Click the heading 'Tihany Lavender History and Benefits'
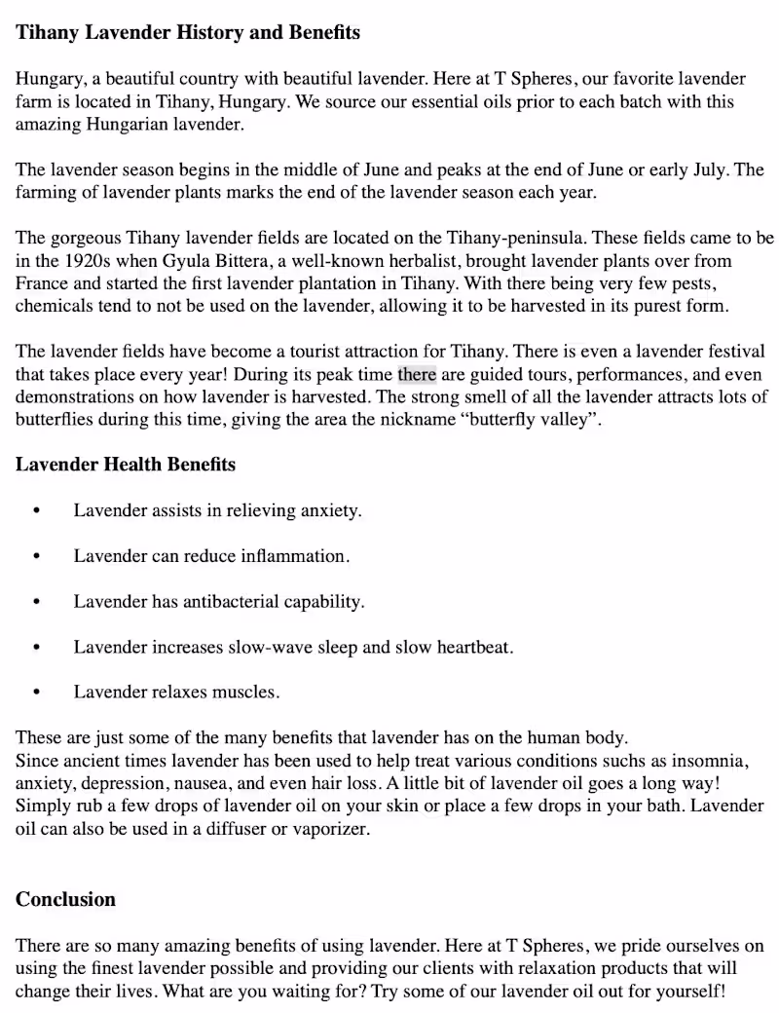point(187,32)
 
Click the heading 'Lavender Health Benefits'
point(125,464)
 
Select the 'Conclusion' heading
point(65,899)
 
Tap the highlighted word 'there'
point(417,375)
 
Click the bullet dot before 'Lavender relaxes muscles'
point(37,693)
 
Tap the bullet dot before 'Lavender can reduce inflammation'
point(37,556)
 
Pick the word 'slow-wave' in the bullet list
point(268,647)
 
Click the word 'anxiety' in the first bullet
point(330,510)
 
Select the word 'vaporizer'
point(334,829)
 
